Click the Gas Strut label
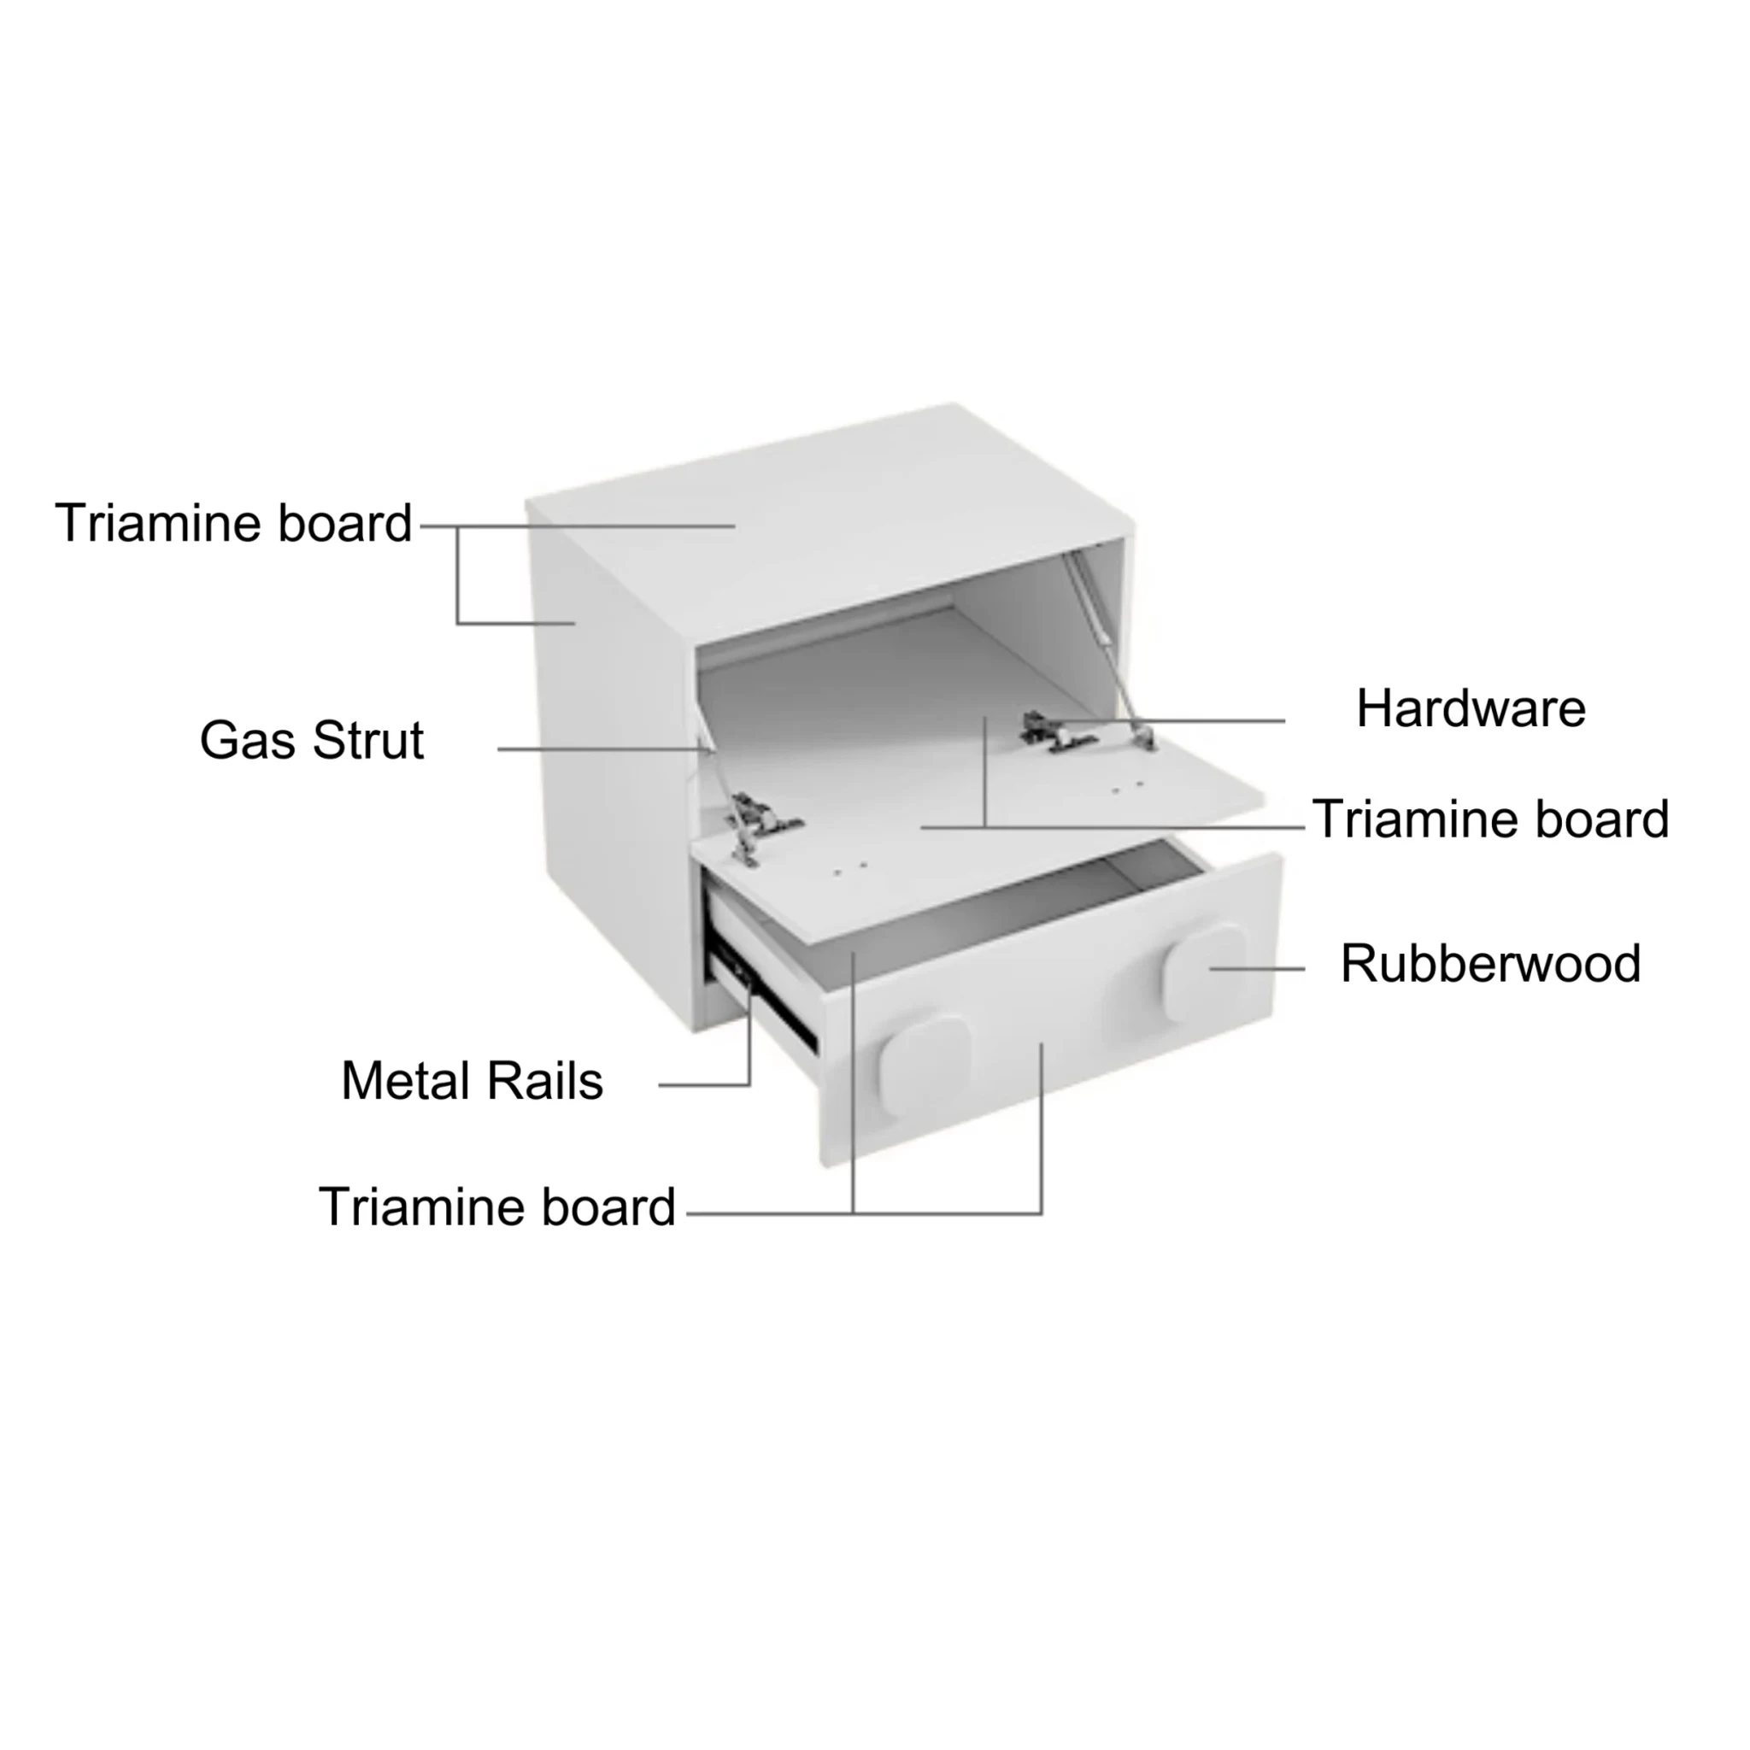point(312,741)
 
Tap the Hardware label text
point(1471,708)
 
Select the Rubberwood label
point(1490,963)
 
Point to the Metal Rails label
point(472,1081)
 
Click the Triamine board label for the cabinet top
point(233,523)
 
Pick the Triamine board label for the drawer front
point(497,1207)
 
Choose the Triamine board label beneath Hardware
point(1490,819)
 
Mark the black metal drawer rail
point(764,996)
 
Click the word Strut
point(367,741)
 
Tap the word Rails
point(544,1081)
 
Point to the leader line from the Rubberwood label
point(1257,968)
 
